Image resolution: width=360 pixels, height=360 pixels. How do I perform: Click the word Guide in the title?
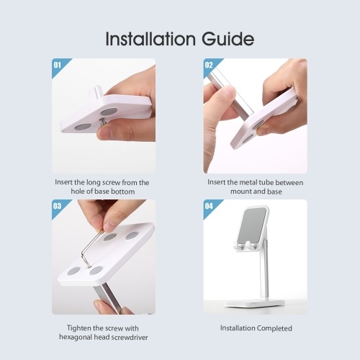[x=228, y=39]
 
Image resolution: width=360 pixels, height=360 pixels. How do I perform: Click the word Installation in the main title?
[x=150, y=39]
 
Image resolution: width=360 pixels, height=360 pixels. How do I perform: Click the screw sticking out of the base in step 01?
[x=103, y=122]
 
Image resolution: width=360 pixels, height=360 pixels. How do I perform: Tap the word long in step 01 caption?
[x=93, y=183]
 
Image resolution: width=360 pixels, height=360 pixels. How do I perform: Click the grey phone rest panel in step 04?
[x=253, y=225]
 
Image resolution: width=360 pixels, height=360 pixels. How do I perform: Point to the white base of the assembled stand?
[x=255, y=304]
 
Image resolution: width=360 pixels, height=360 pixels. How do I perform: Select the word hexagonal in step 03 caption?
[x=76, y=337]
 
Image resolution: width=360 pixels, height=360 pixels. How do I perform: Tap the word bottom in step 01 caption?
[x=122, y=192]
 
